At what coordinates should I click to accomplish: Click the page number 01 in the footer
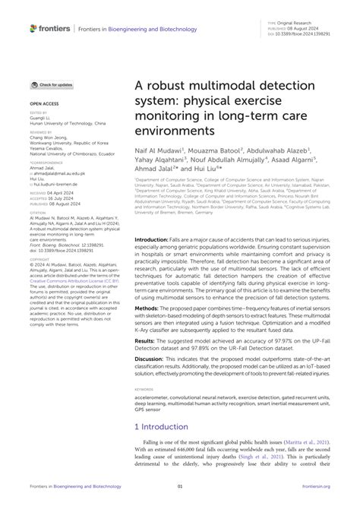(180, 497)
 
